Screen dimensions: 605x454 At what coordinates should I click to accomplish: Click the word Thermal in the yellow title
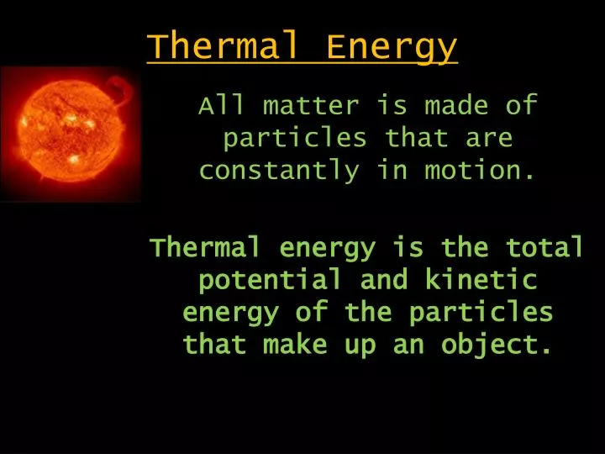[x=223, y=46]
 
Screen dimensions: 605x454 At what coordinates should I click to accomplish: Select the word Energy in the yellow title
[x=392, y=48]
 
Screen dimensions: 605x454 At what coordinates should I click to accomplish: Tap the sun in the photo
[x=71, y=129]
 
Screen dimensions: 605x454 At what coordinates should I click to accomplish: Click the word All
[x=222, y=104]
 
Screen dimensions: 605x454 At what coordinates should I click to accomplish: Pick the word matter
[x=311, y=105]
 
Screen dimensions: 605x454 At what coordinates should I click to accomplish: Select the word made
[x=456, y=104]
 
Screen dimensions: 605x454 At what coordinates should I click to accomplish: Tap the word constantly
[x=279, y=171]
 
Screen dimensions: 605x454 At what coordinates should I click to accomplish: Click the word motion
[x=479, y=170]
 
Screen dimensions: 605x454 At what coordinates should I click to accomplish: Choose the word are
[x=489, y=138]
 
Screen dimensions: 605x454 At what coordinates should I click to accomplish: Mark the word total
[x=544, y=247]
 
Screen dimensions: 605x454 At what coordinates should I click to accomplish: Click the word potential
[x=271, y=280]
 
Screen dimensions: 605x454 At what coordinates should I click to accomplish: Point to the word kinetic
[x=481, y=279]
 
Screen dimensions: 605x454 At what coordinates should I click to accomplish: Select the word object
[x=496, y=345]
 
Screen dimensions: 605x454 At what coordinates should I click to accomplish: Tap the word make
[x=295, y=345]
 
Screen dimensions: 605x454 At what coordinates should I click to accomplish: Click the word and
[x=383, y=279]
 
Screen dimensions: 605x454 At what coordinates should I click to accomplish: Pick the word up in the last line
[x=360, y=346]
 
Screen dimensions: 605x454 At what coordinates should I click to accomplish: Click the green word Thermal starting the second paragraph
[x=204, y=247]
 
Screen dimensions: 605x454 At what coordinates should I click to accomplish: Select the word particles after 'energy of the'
[x=481, y=313]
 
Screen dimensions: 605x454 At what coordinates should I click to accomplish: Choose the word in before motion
[x=392, y=170]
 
